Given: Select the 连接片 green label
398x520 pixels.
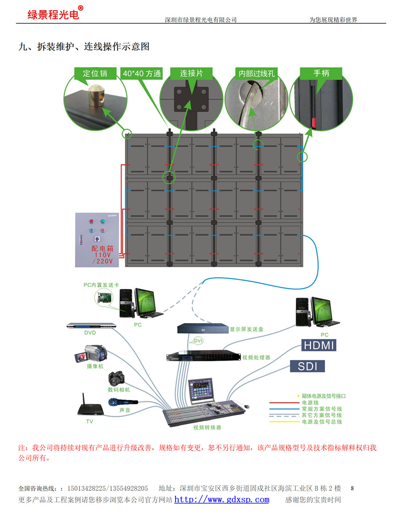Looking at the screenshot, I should pos(191,73).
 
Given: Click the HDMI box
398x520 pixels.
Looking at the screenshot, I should pos(318,345).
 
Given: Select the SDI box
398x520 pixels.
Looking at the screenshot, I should pos(307,366).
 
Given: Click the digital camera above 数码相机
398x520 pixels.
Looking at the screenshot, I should pos(118,378).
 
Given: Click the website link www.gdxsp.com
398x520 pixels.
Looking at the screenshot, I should pos(222,500).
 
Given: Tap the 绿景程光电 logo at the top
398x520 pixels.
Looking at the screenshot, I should pos(53,14).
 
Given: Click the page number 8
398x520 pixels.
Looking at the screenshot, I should pos(352,488).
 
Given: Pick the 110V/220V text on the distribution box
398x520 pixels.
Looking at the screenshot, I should pos(103,258).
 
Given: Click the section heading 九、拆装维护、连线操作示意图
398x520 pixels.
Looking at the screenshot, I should pos(84,47).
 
